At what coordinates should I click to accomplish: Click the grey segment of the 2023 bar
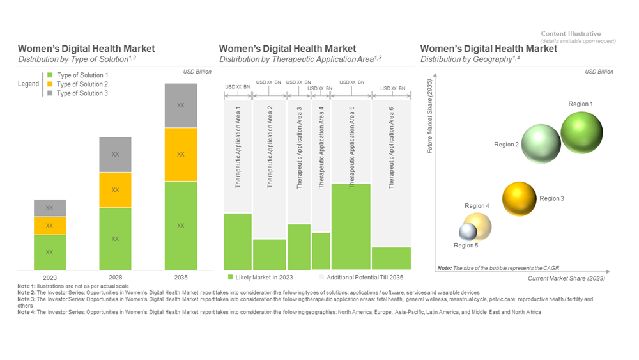tap(50, 208)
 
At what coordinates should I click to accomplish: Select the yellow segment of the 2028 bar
tap(115, 190)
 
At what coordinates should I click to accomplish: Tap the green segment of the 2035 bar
tap(180, 226)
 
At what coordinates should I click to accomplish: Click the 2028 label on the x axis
tap(115, 278)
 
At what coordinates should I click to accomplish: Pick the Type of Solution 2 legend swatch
tap(50, 84)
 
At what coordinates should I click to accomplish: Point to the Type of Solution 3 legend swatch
tap(50, 93)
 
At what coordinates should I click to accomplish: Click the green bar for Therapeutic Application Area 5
tap(351, 226)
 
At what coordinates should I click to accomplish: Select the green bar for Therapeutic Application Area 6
tap(391, 258)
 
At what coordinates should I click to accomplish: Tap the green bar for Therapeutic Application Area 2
tap(270, 254)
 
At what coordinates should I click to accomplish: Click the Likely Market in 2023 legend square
tap(230, 278)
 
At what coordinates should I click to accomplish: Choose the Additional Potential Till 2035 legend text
tap(365, 278)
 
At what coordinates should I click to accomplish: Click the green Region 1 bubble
tap(581, 132)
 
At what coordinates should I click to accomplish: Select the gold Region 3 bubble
tap(519, 199)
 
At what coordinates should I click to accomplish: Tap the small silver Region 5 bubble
tap(468, 231)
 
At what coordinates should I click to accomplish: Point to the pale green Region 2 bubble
tap(541, 145)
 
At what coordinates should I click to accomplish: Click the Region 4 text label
tap(477, 206)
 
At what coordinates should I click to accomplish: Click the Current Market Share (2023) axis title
tap(566, 278)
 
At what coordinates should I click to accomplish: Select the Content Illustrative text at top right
tap(571, 34)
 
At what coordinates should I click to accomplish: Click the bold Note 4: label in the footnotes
tap(29, 312)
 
